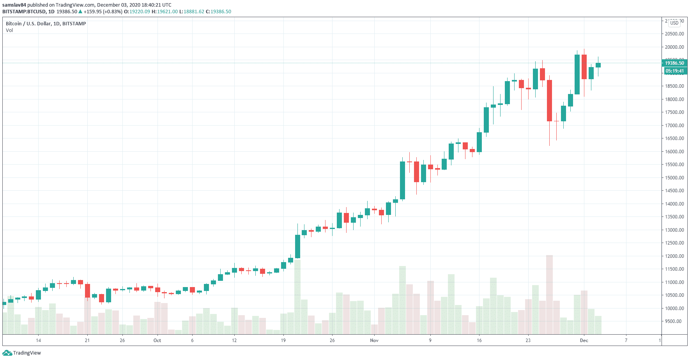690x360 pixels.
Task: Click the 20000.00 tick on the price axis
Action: pos(674,47)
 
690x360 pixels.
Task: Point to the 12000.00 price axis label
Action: pos(674,256)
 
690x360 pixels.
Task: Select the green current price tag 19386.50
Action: pos(674,63)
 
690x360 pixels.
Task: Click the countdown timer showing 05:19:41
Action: pos(674,71)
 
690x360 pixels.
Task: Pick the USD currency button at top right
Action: pos(674,23)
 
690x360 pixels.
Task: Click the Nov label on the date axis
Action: pos(374,340)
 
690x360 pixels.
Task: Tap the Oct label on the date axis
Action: pos(157,340)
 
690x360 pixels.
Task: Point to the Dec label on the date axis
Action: pos(584,340)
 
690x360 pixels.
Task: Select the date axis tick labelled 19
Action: pos(283,340)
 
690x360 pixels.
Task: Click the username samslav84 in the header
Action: pos(14,5)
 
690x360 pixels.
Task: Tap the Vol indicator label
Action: pos(9,30)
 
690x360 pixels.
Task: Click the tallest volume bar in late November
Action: pos(549,295)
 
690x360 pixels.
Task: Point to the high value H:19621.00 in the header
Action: pos(165,12)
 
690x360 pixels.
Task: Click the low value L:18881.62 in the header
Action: pos(192,12)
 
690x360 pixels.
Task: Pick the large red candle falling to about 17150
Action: pos(549,101)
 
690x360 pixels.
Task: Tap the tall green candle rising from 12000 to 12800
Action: pos(298,247)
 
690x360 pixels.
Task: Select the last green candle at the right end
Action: pos(598,65)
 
